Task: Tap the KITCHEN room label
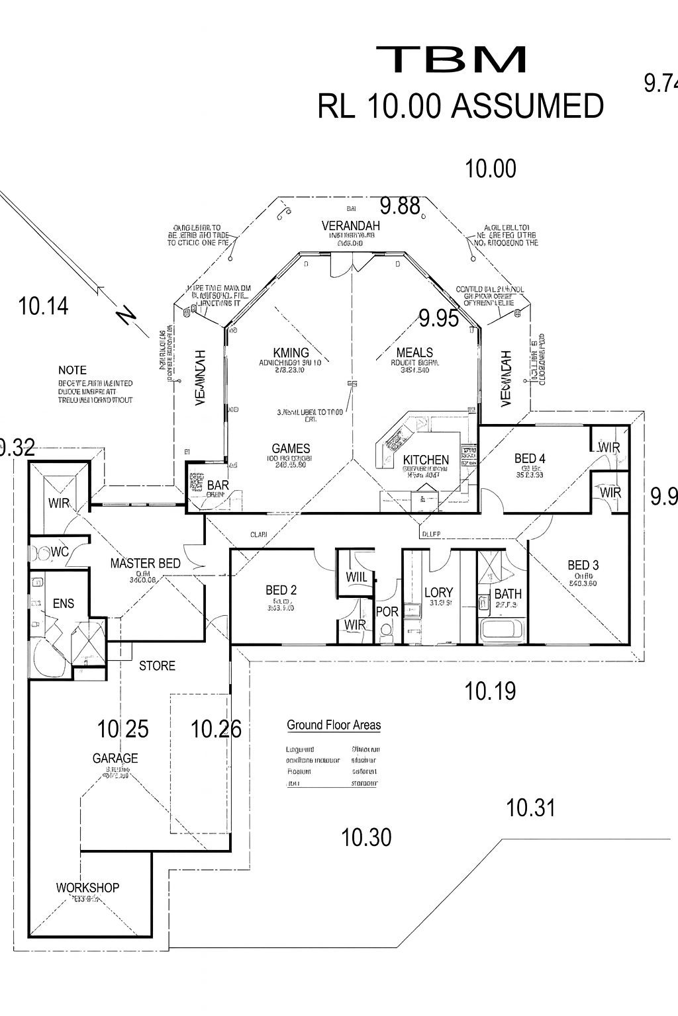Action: pos(426,460)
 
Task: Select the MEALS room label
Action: pos(414,353)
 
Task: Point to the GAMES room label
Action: pos(291,448)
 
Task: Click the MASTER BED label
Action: pos(145,564)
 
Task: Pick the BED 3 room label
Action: pos(583,565)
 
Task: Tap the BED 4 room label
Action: pos(530,458)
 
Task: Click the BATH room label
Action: pos(508,594)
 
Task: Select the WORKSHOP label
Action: pos(87,888)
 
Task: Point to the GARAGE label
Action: pos(115,758)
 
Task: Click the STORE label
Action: pos(157,666)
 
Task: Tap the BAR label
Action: pos(218,486)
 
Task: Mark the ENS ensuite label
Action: pos(64,603)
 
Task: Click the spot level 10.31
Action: pos(530,808)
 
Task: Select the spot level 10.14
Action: pos(44,306)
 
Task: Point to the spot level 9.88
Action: pos(400,206)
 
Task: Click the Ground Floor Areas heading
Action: pos(334,725)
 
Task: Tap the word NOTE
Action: pos(72,370)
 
